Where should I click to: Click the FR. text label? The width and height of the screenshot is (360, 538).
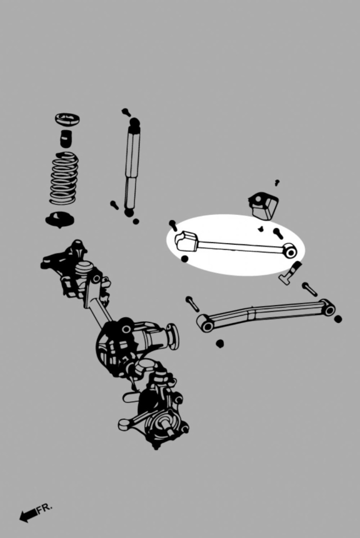(x=45, y=508)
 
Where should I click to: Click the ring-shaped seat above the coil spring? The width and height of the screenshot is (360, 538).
(x=67, y=119)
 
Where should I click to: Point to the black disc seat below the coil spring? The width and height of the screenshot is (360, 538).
(x=60, y=219)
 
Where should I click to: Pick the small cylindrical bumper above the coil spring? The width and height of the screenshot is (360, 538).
(x=66, y=138)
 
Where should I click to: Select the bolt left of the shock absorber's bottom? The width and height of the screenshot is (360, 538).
(x=114, y=205)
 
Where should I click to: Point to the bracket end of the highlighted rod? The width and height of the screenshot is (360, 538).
(x=186, y=241)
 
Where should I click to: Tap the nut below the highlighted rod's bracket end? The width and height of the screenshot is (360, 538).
(x=184, y=259)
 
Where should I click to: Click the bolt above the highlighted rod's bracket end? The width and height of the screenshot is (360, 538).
(x=173, y=225)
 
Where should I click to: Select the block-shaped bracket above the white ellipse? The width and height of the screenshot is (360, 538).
(x=263, y=206)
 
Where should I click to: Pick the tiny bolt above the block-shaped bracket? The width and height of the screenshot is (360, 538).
(x=277, y=182)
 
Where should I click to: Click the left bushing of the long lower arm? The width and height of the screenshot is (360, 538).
(x=206, y=324)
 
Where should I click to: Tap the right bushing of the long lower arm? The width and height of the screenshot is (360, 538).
(x=328, y=308)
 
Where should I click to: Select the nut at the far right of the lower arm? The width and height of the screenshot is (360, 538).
(x=338, y=319)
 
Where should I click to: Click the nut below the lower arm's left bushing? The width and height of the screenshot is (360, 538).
(x=220, y=344)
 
